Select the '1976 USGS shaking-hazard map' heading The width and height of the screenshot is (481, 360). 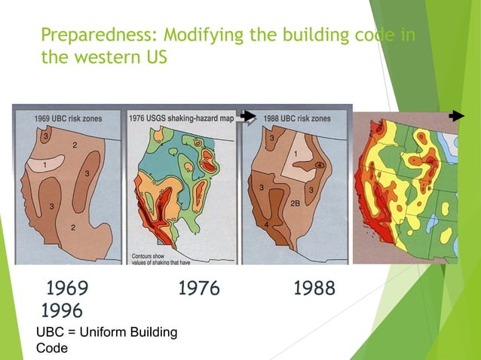183,117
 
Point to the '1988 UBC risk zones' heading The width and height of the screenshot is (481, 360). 299,118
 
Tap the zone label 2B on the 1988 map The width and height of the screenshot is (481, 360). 296,202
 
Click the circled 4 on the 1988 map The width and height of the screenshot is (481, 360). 319,165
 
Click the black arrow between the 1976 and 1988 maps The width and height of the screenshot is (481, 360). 249,115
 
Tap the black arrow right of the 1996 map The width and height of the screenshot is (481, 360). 455,116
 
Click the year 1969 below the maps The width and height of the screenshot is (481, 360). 67,288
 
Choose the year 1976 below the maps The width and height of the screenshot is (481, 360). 198,288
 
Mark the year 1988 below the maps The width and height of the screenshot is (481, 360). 314,288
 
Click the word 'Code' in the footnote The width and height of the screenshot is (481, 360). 52,348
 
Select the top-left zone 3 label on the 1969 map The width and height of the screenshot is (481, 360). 44,137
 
